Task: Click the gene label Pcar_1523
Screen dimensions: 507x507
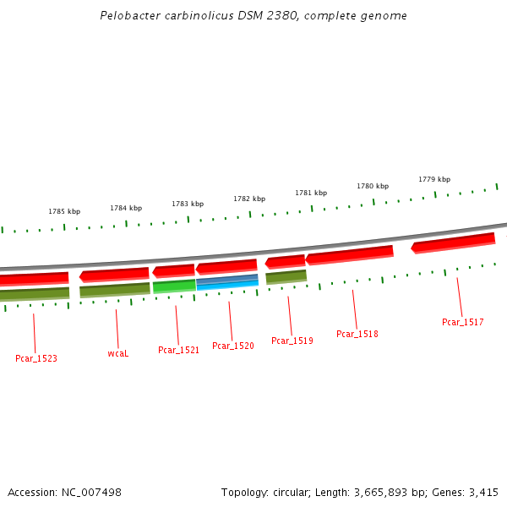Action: (36, 358)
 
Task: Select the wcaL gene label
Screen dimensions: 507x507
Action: (118, 353)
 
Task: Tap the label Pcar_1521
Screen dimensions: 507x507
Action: (178, 350)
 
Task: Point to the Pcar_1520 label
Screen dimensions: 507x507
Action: (232, 346)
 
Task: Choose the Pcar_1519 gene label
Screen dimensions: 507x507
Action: (292, 341)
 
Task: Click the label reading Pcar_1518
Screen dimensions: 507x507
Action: (357, 334)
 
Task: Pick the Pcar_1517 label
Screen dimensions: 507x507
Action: (462, 322)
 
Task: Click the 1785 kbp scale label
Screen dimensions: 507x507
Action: (64, 211)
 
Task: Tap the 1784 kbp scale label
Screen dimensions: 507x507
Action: (126, 208)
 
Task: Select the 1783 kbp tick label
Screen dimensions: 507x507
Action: (188, 204)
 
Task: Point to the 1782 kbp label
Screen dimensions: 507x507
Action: (249, 199)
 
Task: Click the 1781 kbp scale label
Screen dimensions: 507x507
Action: (311, 193)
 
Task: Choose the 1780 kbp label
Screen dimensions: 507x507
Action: (373, 186)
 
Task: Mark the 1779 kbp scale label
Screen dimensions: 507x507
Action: (434, 179)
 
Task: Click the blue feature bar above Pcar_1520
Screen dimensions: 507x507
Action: (226, 281)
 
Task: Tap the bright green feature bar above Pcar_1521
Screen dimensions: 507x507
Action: (174, 286)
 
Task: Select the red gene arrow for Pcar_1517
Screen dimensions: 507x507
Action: (453, 243)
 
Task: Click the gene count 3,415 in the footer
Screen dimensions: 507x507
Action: (483, 492)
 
